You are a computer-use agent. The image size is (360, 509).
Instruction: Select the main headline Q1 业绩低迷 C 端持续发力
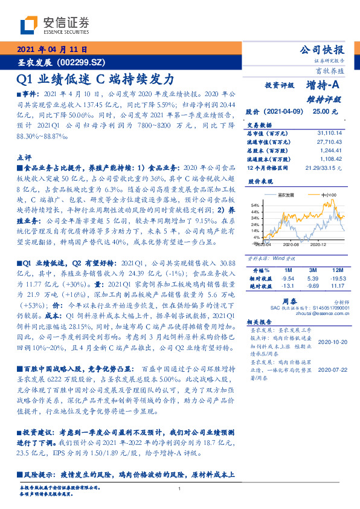pyautogui.click(x=95, y=79)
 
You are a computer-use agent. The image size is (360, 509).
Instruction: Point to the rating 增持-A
pyautogui.click(x=323, y=86)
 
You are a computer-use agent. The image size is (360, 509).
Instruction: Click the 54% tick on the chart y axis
pyautogui.click(x=255, y=205)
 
